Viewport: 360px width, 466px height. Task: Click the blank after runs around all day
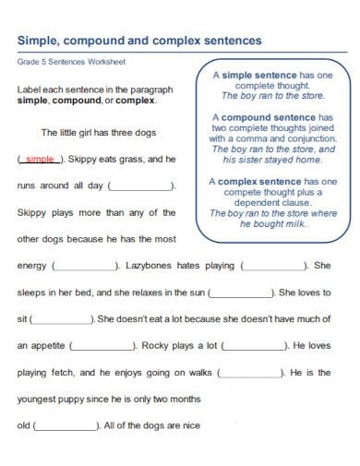click(x=141, y=185)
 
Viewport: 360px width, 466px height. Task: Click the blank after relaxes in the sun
click(x=242, y=293)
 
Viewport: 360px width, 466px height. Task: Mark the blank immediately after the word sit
click(x=62, y=320)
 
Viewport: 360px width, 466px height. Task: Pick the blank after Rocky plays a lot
click(x=254, y=347)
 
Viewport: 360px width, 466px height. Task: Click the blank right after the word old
click(x=66, y=427)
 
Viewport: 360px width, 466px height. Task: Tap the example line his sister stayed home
click(x=272, y=159)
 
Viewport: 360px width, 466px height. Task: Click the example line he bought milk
click(x=272, y=223)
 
